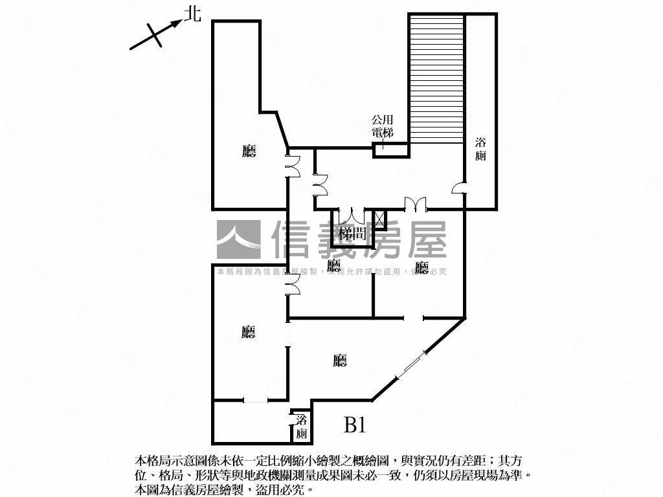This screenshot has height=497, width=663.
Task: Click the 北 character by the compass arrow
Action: [x=193, y=14]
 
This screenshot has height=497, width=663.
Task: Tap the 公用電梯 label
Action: [x=382, y=126]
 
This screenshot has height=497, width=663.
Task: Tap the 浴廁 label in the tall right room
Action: [x=481, y=149]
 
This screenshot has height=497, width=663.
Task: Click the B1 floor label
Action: [x=355, y=425]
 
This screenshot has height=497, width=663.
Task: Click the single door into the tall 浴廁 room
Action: [x=459, y=188]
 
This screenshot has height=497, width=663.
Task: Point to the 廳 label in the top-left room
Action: [x=249, y=151]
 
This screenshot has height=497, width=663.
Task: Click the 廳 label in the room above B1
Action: [x=340, y=361]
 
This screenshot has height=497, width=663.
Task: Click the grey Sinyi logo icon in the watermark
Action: [x=238, y=240]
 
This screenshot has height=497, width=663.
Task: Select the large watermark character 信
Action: [x=295, y=240]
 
